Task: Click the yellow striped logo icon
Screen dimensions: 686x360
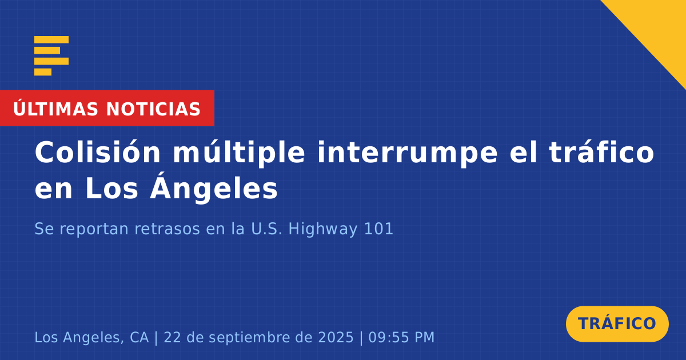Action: [51, 56]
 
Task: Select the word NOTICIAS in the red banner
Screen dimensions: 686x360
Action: [153, 109]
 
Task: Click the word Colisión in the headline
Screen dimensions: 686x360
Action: [97, 152]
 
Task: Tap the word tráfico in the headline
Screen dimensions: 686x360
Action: [601, 152]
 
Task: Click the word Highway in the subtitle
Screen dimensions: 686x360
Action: [323, 230]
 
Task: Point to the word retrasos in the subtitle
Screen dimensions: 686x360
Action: [167, 229]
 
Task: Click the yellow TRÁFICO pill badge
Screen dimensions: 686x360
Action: [617, 323]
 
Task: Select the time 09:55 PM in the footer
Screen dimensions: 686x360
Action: [401, 337]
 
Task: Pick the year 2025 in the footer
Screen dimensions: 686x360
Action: [336, 337]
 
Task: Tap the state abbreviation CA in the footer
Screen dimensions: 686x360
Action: [139, 337]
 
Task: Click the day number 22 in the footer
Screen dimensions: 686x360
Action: [173, 337]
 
